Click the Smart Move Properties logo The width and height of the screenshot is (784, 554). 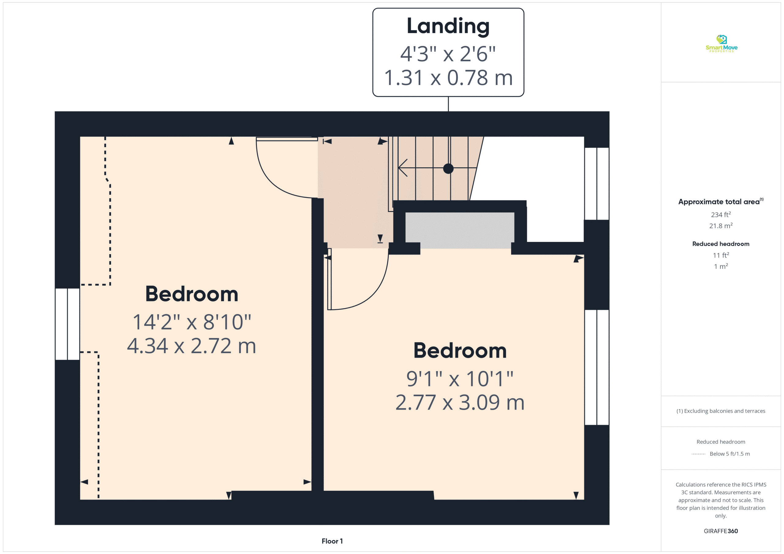click(721, 43)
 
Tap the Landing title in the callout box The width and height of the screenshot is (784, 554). click(448, 26)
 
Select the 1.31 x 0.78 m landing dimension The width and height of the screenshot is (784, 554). click(448, 77)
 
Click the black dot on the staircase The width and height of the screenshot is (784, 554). click(448, 169)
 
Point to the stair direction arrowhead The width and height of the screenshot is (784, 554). click(403, 168)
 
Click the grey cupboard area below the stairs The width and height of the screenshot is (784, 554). click(460, 230)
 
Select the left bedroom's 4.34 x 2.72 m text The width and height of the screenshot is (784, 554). click(192, 346)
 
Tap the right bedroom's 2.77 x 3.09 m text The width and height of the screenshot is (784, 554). click(460, 402)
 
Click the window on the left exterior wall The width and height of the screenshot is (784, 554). click(67, 324)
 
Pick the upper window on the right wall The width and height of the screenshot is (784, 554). click(597, 184)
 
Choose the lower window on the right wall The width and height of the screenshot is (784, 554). click(597, 367)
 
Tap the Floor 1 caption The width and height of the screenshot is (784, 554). click(332, 541)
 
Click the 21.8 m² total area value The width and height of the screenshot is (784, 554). click(721, 225)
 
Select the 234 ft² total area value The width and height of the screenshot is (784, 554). click(721, 214)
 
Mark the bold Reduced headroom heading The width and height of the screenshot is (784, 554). click(721, 244)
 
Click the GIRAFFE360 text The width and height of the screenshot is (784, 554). click(721, 531)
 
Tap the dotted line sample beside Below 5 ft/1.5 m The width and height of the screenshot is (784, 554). click(698, 454)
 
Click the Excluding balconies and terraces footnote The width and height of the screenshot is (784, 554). click(721, 411)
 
